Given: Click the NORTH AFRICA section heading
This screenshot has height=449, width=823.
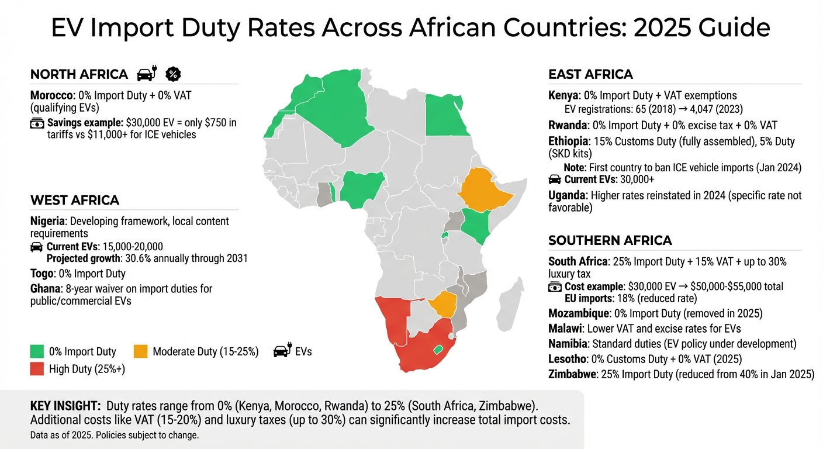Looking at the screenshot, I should coord(79,74).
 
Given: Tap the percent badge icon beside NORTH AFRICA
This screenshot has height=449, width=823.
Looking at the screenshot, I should coord(174,74).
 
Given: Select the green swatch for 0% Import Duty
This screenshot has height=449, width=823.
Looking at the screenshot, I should coord(37,351).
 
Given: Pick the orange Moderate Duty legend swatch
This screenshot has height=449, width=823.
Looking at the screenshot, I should coord(140,351).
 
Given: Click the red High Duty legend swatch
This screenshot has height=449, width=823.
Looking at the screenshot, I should coord(37,369).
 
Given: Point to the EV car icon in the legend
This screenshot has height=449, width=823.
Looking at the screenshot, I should coord(282,351).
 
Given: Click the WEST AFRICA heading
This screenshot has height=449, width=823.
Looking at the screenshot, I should coord(75,201).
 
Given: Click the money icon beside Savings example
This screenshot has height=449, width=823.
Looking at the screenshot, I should coord(37,123).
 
